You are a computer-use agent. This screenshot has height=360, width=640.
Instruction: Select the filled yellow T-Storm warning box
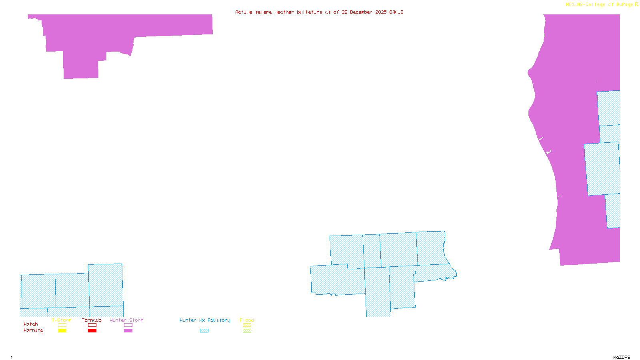(62, 330)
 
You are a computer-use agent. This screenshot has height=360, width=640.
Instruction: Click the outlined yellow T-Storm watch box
(62, 325)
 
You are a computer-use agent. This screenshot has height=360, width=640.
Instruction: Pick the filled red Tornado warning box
(92, 330)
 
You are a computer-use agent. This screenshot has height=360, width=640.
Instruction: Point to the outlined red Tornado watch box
(92, 325)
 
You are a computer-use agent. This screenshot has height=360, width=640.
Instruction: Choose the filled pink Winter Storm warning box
(128, 330)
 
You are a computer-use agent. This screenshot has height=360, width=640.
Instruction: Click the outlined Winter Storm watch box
(128, 325)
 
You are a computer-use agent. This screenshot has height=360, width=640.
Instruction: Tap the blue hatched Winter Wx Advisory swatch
(204, 330)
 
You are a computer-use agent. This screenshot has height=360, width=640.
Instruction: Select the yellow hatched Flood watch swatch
(247, 325)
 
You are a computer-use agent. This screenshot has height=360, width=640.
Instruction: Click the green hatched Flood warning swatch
(247, 330)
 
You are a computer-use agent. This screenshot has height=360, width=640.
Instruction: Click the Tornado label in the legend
(92, 320)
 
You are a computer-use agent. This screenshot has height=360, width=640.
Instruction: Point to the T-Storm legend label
(62, 320)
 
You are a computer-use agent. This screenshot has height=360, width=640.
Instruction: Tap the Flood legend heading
(247, 320)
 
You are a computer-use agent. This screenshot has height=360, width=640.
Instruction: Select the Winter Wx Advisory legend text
(205, 320)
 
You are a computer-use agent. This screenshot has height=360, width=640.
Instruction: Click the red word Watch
(31, 324)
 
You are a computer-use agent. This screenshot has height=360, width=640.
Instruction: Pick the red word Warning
(34, 330)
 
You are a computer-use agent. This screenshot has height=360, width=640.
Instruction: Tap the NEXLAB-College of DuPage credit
(600, 4)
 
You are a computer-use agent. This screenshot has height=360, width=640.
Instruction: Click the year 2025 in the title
(381, 12)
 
